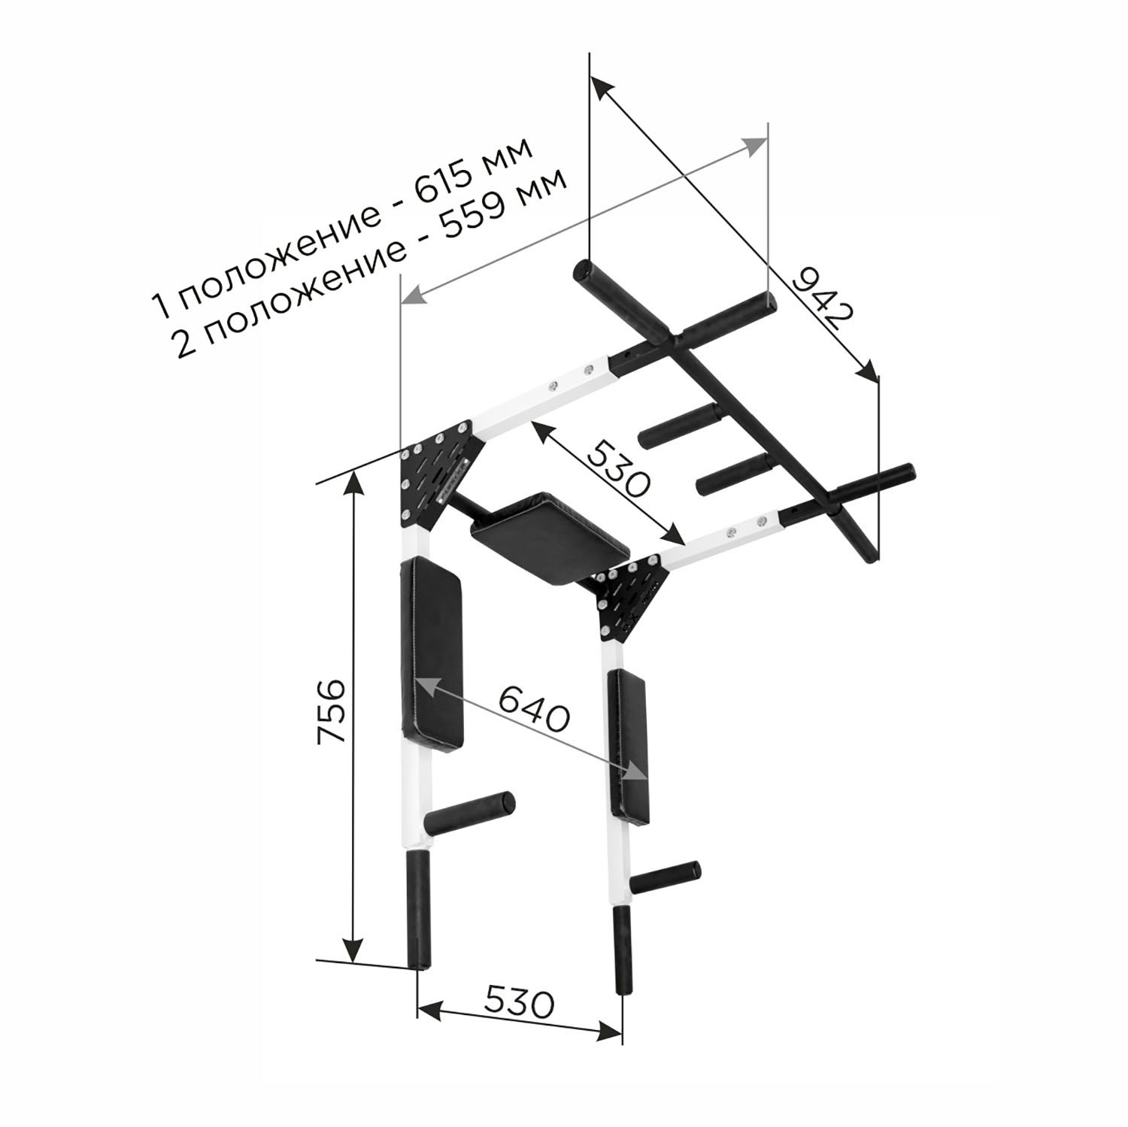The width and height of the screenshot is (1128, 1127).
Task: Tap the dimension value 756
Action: coord(331,710)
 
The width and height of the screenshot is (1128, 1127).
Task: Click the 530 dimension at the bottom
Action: coord(519,1002)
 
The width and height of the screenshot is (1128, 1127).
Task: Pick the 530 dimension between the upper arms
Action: coord(617,469)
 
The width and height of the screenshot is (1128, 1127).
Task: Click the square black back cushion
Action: coord(549,538)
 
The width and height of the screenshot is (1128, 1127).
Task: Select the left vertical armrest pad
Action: coord(432,653)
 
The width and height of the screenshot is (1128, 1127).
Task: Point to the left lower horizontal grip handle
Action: coord(469,813)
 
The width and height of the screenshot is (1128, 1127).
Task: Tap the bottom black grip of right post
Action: coord(623,950)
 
